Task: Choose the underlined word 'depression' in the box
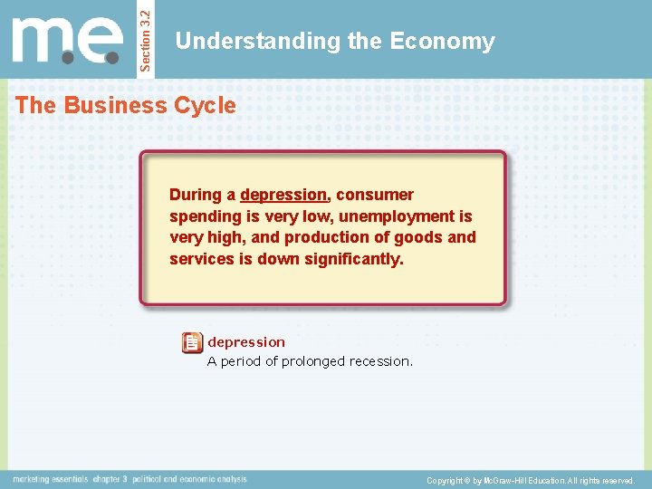pyautogui.click(x=283, y=195)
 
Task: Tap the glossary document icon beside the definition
pyautogui.click(x=192, y=342)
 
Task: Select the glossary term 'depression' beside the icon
pyautogui.click(x=246, y=342)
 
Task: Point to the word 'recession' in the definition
pyautogui.click(x=380, y=361)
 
